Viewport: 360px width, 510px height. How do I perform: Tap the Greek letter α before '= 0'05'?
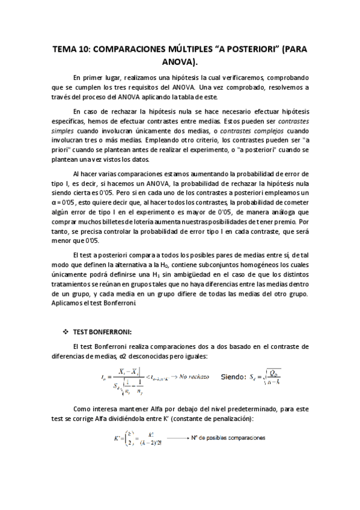[53, 204]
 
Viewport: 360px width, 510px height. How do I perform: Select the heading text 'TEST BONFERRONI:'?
[98, 333]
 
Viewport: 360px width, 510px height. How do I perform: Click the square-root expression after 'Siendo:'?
[272, 376]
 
